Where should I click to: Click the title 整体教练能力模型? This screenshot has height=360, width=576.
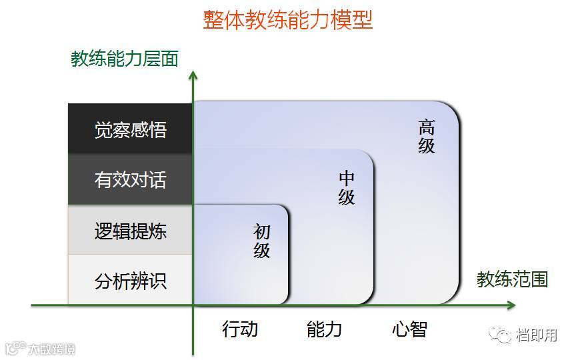(288, 19)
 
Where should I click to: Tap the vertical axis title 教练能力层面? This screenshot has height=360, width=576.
(125, 59)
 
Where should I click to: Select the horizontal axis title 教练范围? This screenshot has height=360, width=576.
(512, 279)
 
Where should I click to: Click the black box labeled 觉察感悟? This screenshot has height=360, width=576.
(130, 129)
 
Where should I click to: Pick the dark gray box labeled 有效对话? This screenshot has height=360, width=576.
(130, 180)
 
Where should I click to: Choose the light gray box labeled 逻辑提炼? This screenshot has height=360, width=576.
(130, 231)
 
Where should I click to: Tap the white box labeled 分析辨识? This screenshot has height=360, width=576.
(130, 281)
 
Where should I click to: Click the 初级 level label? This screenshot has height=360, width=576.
(262, 241)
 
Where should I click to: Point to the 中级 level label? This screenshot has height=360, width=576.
(347, 188)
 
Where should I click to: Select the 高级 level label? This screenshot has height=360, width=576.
(427, 136)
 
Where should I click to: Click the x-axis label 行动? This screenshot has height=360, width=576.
(239, 329)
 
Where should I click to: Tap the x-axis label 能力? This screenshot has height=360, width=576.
(324, 329)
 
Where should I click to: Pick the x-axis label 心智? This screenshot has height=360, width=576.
(409, 329)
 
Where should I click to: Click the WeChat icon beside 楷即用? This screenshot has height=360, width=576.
(501, 335)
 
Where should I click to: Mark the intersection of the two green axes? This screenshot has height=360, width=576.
(193, 305)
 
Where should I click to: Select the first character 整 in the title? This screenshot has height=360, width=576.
(213, 19)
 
